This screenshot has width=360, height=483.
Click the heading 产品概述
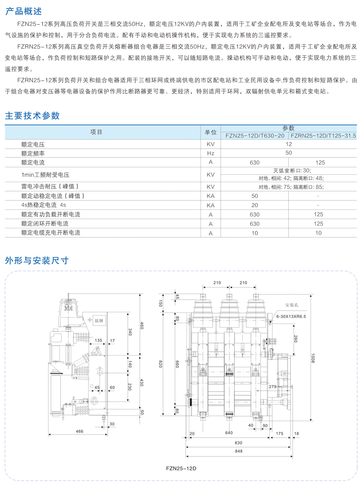tap(23, 11)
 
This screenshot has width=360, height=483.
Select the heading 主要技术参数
tap(32, 116)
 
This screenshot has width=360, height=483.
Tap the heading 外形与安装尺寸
tap(37, 261)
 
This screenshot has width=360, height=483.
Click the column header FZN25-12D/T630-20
tap(255, 136)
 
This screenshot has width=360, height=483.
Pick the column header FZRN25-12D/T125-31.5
tap(323, 136)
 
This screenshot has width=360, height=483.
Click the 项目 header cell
tap(96, 132)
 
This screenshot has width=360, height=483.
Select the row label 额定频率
tap(33, 153)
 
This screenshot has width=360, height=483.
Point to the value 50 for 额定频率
tap(288, 153)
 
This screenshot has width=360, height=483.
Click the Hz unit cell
tap(210, 153)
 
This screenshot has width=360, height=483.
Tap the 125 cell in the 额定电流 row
tap(320, 163)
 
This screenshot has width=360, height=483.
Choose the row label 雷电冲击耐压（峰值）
tap(50, 187)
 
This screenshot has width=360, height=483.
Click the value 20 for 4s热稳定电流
tap(254, 205)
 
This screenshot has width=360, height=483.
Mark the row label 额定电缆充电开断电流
tap(51, 233)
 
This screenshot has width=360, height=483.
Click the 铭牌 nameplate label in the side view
tap(99, 321)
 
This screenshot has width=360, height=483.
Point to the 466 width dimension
tap(79, 431)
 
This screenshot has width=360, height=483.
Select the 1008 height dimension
tap(313, 358)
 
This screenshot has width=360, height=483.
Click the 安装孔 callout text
tap(291, 305)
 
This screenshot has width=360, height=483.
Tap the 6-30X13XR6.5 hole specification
tap(291, 316)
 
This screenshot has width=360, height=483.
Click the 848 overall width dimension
tap(239, 451)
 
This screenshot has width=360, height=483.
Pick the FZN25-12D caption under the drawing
tap(181, 468)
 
